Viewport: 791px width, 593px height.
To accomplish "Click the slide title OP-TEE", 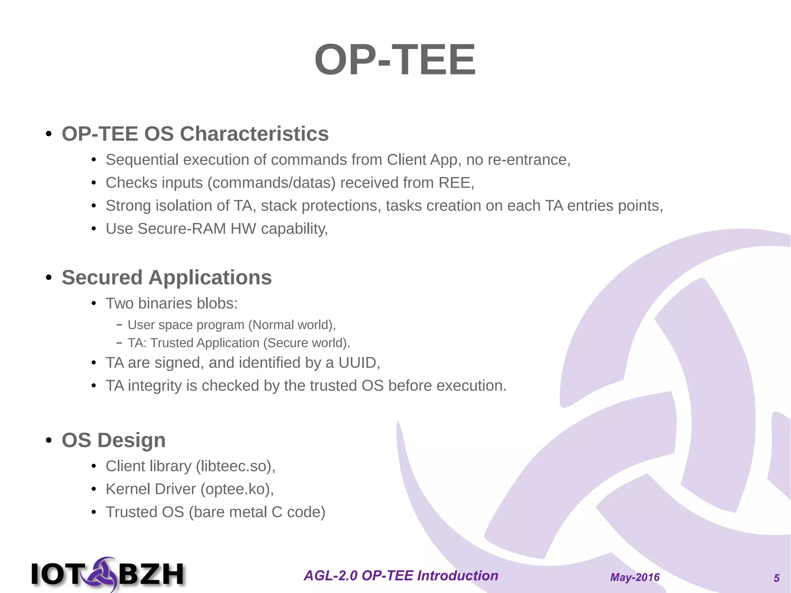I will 395,60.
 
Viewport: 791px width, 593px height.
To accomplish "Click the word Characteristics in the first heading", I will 254,134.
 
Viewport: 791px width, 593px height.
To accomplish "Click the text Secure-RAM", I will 182,229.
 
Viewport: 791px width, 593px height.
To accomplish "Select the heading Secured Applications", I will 166,278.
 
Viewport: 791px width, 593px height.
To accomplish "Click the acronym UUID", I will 357,363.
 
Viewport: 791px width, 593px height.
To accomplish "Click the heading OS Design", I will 114,440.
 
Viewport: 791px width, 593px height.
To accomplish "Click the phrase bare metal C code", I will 257,512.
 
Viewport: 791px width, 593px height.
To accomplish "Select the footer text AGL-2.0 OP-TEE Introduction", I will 401,576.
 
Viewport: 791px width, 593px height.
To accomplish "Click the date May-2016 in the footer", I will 635,578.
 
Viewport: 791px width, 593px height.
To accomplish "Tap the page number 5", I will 776,578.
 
